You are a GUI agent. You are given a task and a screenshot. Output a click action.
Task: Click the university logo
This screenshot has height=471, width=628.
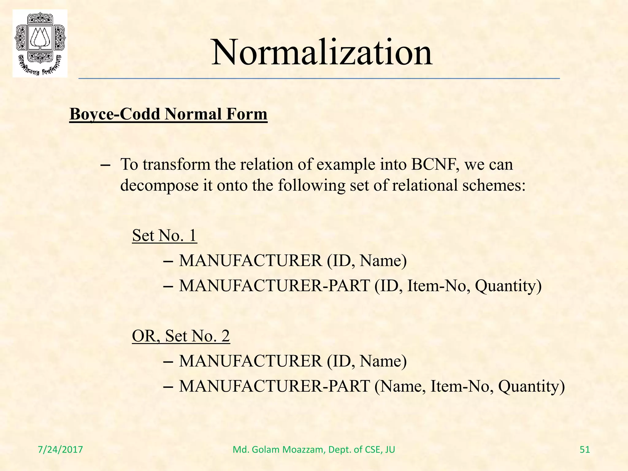[40, 43]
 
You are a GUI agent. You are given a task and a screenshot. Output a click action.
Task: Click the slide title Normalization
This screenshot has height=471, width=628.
[322, 52]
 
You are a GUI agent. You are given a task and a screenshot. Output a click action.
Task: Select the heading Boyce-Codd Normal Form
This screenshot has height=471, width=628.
[168, 114]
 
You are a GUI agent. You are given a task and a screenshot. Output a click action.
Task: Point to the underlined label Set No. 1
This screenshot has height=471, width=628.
[164, 235]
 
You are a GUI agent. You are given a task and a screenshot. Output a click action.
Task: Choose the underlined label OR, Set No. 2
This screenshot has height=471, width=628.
[181, 336]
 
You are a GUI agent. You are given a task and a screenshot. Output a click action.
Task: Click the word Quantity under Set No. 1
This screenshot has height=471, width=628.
[508, 286]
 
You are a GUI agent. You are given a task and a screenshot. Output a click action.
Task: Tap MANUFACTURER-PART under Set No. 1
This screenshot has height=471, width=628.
[274, 286]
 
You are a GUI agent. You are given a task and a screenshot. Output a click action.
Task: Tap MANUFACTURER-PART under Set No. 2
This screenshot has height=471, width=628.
[274, 386]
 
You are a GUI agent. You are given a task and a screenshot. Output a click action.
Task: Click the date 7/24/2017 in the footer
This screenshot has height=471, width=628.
[60, 450]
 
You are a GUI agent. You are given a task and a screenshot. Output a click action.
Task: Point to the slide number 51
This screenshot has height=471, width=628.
[585, 450]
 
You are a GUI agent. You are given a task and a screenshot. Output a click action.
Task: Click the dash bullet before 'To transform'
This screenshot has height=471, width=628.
[105, 165]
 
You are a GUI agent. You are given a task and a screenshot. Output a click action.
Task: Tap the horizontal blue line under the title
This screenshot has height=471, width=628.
[319, 79]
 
